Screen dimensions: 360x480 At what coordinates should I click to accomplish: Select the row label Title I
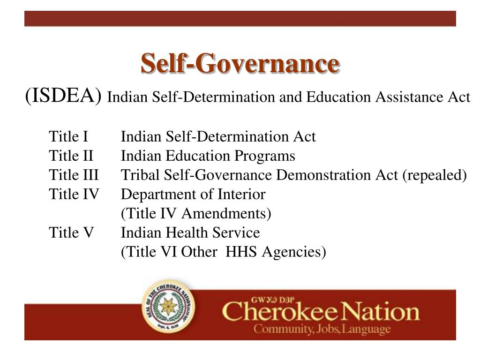[x=68, y=137]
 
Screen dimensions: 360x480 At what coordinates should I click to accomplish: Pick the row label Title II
[x=71, y=156]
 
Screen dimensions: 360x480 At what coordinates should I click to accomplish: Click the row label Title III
[x=74, y=175]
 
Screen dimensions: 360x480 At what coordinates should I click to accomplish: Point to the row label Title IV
[x=74, y=194]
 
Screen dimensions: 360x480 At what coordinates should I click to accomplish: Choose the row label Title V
[x=71, y=232]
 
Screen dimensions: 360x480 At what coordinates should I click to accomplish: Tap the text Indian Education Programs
[x=208, y=156]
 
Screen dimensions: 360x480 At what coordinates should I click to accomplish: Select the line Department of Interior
[x=193, y=194]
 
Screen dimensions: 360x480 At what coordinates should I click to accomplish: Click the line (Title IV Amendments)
[x=196, y=213]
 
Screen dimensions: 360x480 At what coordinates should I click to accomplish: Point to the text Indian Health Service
[x=190, y=232]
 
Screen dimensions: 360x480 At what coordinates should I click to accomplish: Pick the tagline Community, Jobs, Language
[x=322, y=329]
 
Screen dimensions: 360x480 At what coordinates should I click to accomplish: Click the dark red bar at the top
[x=240, y=19]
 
